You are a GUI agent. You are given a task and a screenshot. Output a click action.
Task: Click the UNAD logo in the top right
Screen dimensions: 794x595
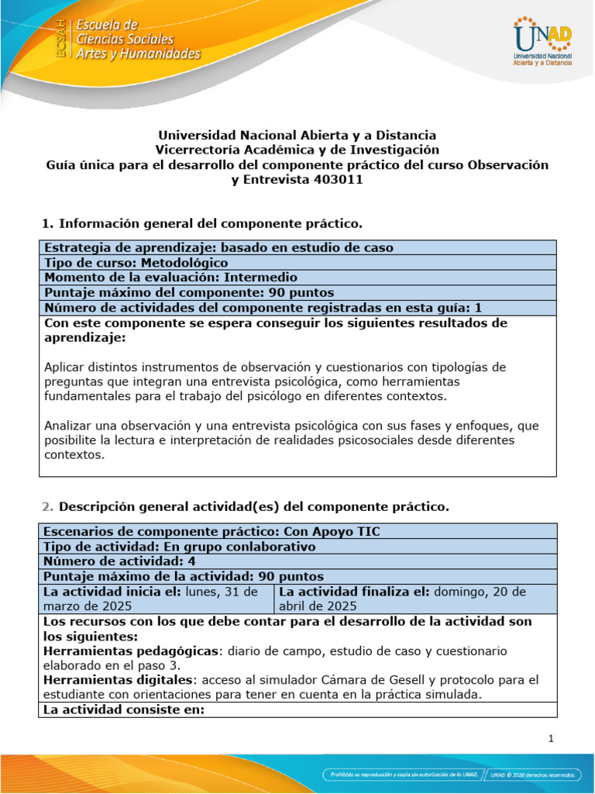[542, 43]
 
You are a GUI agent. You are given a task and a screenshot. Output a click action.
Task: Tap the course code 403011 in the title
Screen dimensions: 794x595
[339, 180]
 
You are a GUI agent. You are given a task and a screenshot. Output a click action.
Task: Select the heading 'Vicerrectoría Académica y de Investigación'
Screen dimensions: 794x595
[297, 150]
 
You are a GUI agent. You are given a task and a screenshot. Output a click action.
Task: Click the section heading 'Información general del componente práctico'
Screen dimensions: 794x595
[211, 224]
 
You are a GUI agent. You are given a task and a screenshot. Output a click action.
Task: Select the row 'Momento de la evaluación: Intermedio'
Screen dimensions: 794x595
[170, 278]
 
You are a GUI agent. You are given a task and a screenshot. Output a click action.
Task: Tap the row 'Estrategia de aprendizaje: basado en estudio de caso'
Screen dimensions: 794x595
[218, 248]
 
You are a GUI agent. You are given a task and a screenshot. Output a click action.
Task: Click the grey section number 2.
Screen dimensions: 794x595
[46, 507]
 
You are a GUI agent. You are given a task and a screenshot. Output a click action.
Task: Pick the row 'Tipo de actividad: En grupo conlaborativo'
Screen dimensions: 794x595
[180, 547]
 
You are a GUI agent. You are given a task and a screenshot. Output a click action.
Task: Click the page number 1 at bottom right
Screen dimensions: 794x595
[551, 739]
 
